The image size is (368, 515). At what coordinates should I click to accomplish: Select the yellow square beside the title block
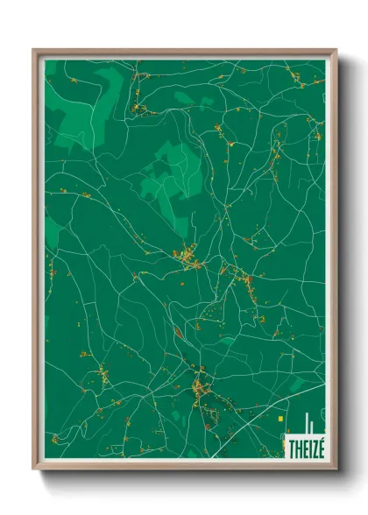point(280,419)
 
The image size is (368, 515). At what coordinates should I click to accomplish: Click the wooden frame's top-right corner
point(335,51)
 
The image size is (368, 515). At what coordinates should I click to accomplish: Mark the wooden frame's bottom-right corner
point(335,468)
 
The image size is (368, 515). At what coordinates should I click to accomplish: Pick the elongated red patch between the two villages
point(179,331)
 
